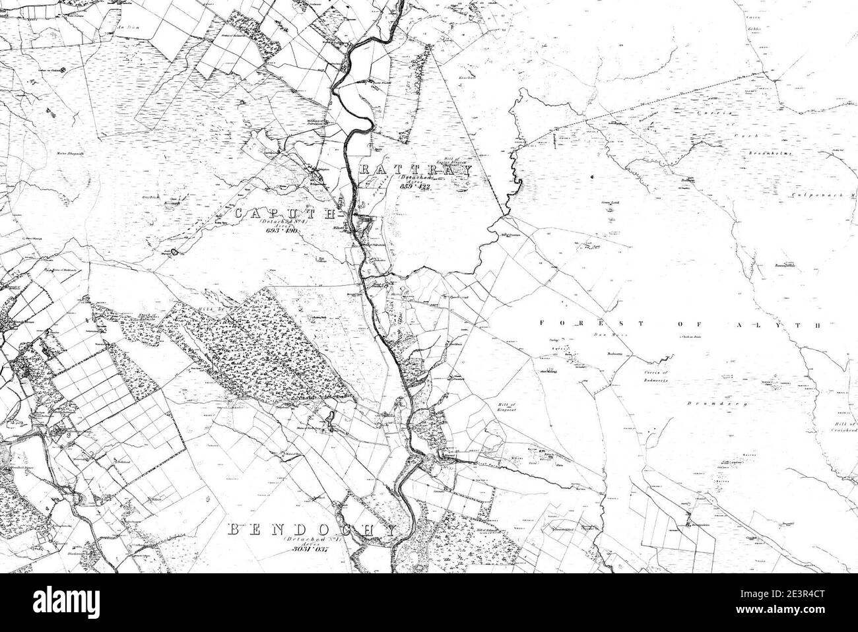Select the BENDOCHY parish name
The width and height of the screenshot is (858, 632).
click(x=312, y=530)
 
